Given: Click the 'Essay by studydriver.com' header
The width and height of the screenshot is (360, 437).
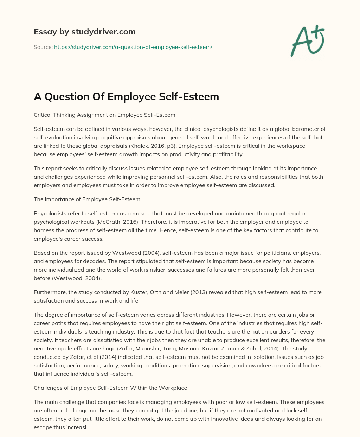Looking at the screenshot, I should [84, 32].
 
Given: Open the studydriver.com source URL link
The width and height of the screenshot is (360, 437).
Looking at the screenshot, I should [133, 47].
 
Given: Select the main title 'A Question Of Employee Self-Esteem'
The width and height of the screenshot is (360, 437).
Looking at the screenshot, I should [126, 96].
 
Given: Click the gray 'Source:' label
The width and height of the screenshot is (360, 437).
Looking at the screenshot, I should [43, 47].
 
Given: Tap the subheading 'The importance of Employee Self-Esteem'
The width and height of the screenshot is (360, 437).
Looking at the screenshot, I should [87, 199].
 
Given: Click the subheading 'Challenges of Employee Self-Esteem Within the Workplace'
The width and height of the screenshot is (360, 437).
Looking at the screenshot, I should [110, 388].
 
